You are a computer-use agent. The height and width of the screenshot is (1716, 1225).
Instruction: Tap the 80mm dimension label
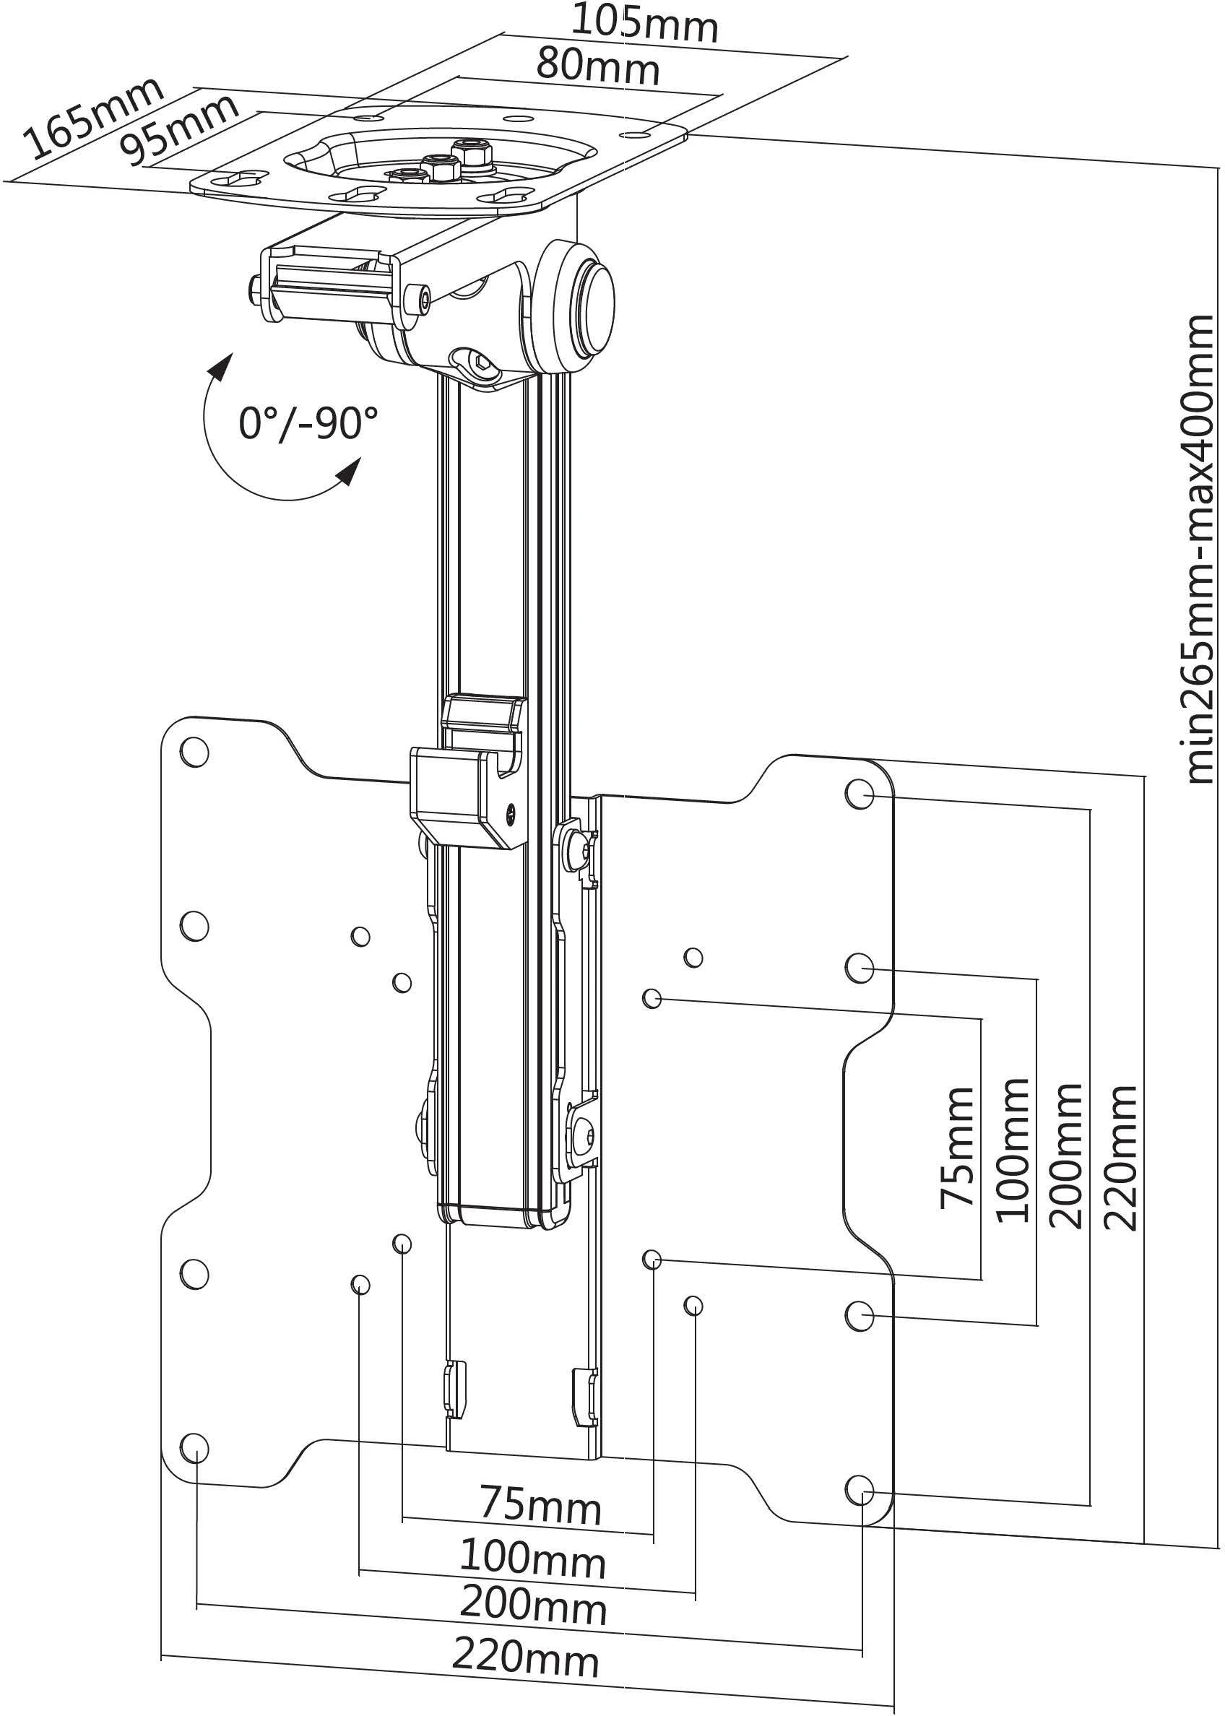[598, 66]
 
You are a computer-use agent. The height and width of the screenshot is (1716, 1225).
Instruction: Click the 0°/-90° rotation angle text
[308, 423]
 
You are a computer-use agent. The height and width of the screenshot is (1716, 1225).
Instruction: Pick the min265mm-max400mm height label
[1198, 549]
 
